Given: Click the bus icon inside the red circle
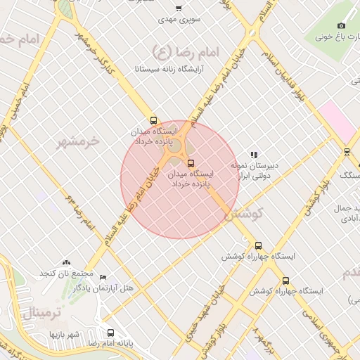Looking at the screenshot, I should (191, 163).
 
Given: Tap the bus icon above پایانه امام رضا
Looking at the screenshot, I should (110, 333).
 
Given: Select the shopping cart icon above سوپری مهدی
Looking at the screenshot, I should (179, 8).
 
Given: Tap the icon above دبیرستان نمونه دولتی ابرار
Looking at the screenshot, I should (254, 155).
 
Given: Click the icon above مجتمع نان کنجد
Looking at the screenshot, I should (66, 262).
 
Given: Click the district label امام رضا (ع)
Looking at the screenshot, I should (186, 51).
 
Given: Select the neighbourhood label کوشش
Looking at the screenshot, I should (243, 214).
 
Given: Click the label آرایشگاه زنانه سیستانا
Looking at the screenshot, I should (174, 70).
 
